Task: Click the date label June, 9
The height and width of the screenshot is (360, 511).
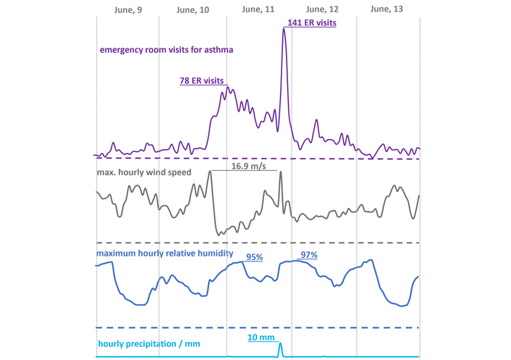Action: coord(128,9)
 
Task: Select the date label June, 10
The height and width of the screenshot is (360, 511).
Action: coord(193,9)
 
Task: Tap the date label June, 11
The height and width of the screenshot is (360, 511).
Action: coord(257,9)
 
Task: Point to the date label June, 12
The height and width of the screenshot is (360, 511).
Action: coord(322,9)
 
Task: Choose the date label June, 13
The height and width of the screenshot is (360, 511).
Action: coord(387,9)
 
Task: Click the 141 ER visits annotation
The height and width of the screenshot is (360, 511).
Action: coord(312,22)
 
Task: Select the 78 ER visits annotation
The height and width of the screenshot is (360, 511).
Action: coord(202,81)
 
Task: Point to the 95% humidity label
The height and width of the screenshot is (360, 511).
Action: coord(255,256)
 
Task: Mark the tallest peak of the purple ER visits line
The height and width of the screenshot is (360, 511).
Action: coord(284,30)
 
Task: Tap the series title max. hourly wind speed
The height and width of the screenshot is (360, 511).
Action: coord(148,173)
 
